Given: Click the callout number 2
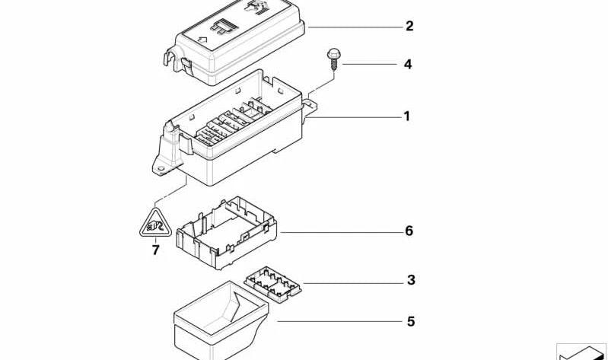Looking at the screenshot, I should (409, 27).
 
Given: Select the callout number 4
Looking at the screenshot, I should (408, 65).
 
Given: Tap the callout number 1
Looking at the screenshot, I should (406, 116).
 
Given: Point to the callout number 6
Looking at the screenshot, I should (409, 231).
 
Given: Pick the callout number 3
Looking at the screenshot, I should (411, 281).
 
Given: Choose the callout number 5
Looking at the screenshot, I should (411, 322).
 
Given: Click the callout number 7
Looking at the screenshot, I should (156, 250).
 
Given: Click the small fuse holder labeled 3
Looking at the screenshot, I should (274, 285).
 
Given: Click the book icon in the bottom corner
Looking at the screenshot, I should (582, 352).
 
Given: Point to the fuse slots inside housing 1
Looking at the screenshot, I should (228, 126).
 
